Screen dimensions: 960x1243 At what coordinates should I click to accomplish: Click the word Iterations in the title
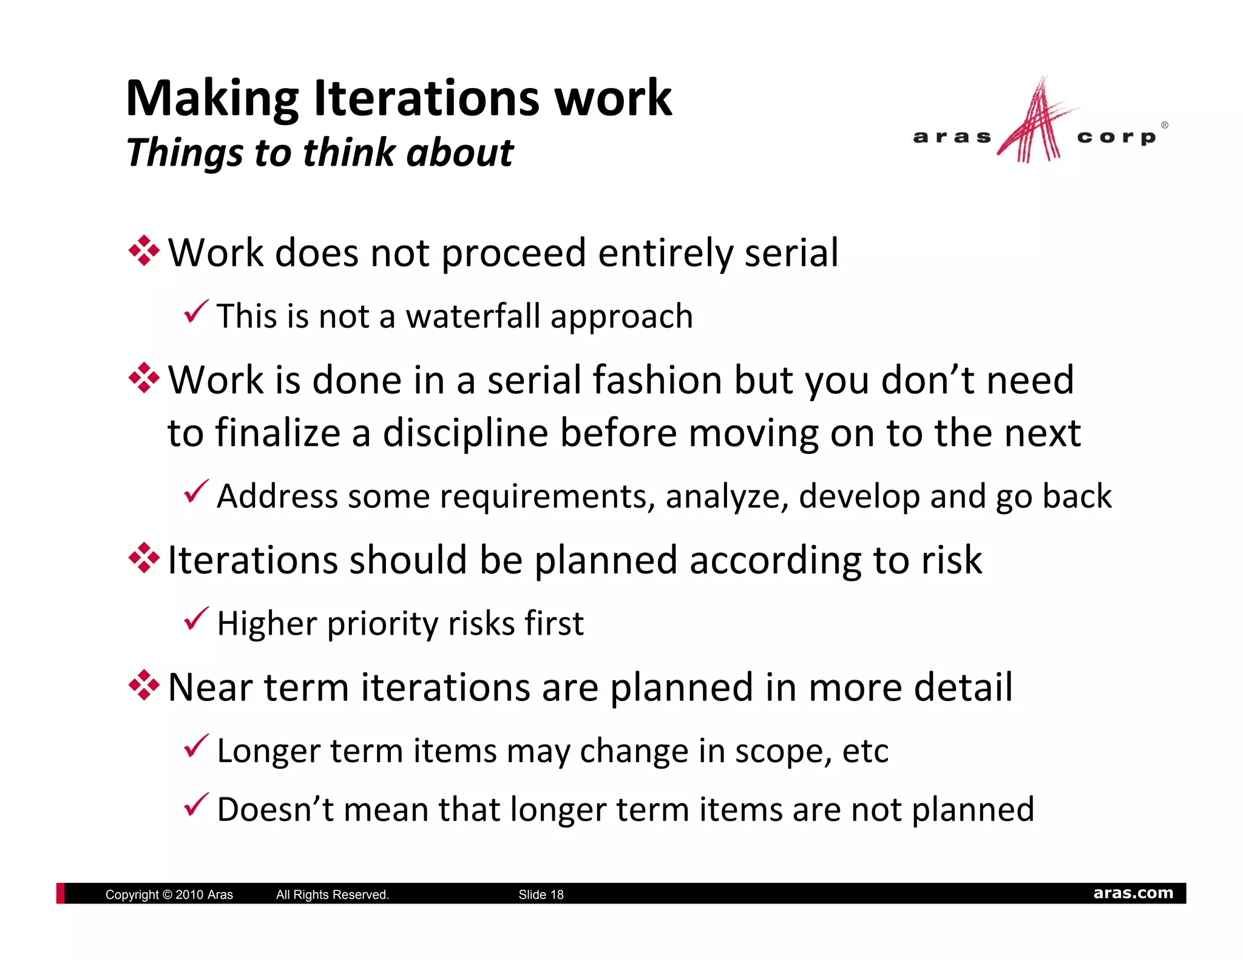[425, 98]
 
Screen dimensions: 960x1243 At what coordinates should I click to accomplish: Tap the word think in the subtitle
[349, 152]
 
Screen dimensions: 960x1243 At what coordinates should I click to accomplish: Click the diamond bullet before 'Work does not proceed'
[144, 251]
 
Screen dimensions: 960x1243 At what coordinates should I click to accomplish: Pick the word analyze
[726, 497]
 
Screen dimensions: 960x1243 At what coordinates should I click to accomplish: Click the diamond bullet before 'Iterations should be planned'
[144, 558]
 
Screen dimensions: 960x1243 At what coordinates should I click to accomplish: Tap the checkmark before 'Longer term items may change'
[196, 746]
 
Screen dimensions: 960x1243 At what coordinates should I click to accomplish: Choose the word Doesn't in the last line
[276, 810]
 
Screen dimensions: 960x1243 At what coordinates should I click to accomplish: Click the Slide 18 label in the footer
[541, 894]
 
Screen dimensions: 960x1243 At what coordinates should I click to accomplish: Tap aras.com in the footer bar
[1133, 893]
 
